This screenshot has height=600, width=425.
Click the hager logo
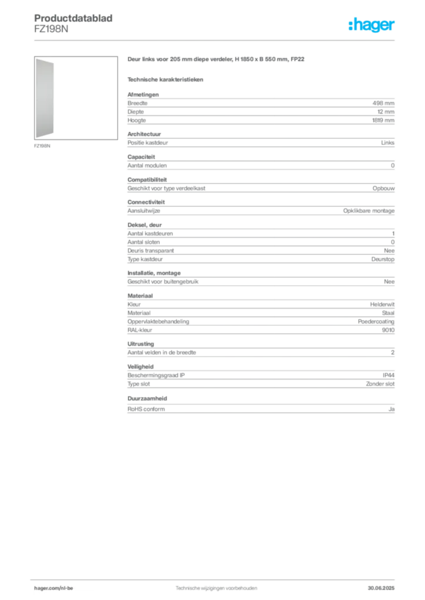tap(372, 25)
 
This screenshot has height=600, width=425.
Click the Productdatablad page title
tap(73, 18)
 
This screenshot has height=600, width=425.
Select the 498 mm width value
tap(383, 103)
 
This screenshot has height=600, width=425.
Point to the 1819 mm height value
tap(383, 120)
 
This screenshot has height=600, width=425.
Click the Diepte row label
tap(136, 112)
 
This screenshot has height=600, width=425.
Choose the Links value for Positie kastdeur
tap(387, 143)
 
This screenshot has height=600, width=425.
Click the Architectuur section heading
tap(144, 134)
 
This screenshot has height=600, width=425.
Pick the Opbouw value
tap(383, 188)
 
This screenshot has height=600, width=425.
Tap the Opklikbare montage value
tap(369, 211)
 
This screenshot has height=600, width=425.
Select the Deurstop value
tap(383, 259)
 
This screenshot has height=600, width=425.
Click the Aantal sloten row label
tap(144, 242)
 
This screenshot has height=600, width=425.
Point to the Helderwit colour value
tap(382, 305)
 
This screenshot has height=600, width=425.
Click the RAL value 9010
tap(388, 330)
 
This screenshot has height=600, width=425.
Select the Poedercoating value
tap(376, 322)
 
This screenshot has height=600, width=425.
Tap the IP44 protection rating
tap(389, 376)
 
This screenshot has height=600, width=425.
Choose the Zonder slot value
tap(380, 384)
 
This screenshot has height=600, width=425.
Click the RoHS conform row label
tap(146, 409)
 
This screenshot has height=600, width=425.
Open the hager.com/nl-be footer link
tap(53, 588)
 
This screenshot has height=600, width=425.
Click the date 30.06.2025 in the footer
tap(381, 588)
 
